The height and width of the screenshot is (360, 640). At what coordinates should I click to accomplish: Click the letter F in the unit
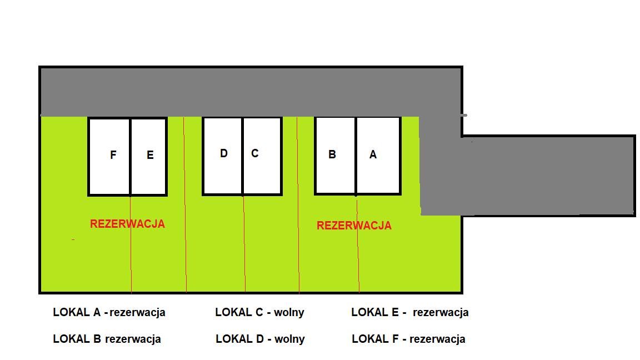(113, 156)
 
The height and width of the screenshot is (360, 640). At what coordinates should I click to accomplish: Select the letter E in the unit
(150, 156)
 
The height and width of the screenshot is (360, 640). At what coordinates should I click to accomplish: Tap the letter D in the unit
(224, 153)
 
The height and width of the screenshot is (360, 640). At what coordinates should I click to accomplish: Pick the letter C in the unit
(255, 153)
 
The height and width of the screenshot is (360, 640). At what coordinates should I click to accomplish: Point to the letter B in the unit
(332, 155)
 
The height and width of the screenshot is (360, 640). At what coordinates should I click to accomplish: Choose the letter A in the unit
(373, 155)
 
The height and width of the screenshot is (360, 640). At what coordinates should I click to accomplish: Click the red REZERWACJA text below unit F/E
(127, 224)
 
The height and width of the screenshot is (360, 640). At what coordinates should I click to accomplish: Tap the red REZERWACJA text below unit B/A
(354, 226)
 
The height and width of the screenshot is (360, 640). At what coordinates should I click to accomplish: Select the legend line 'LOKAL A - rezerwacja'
(109, 312)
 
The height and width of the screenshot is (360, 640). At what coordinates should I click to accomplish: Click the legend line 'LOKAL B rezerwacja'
(107, 339)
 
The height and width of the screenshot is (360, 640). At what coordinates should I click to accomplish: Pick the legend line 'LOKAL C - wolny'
(259, 312)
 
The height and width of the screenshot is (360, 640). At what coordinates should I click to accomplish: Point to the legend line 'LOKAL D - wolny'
(260, 339)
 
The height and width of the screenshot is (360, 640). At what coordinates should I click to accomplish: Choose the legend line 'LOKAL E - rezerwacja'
(410, 312)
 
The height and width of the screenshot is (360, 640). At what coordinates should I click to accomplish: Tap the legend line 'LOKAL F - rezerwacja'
(408, 339)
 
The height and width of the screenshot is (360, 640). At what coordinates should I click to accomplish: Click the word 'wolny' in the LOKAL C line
(289, 312)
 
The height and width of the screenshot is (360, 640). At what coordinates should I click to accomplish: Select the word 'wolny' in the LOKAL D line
(290, 339)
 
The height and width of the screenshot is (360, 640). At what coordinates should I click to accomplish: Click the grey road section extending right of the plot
(547, 174)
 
